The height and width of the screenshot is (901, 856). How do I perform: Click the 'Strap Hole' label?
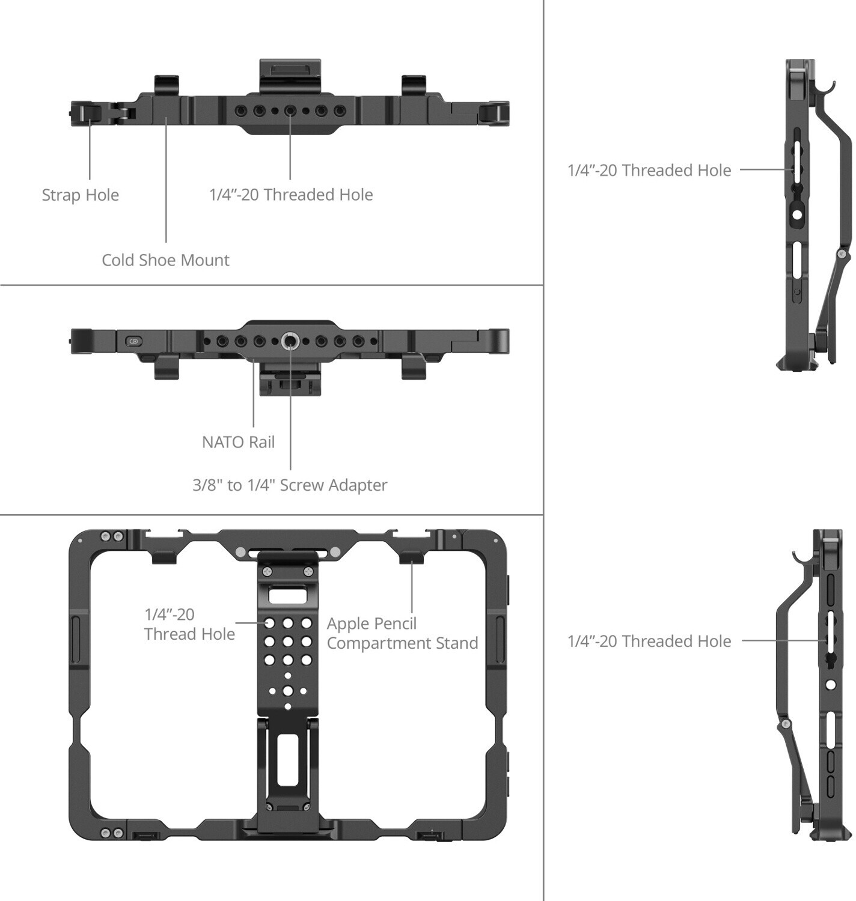pyautogui.click(x=81, y=195)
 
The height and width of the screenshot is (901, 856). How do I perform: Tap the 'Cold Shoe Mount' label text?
pyautogui.click(x=165, y=260)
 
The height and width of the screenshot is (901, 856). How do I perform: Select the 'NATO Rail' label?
pyautogui.click(x=238, y=442)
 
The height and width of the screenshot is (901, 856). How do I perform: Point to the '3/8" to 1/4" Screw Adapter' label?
pyautogui.click(x=290, y=485)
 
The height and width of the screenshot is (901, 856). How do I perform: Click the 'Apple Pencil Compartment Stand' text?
pyautogui.click(x=402, y=633)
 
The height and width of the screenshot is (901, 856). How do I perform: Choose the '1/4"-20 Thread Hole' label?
pyautogui.click(x=189, y=624)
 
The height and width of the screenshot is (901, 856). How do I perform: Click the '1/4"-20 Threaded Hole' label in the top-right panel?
pyautogui.click(x=649, y=171)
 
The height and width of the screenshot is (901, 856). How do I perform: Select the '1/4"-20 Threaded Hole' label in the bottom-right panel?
pyautogui.click(x=649, y=642)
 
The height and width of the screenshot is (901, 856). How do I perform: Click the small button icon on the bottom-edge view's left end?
pyautogui.click(x=133, y=342)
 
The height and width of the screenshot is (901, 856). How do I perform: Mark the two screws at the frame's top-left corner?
pyautogui.click(x=112, y=536)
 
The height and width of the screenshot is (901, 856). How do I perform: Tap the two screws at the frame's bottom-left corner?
pyautogui.click(x=112, y=833)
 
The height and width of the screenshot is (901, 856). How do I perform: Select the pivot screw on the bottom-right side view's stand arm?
pyautogui.click(x=784, y=724)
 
